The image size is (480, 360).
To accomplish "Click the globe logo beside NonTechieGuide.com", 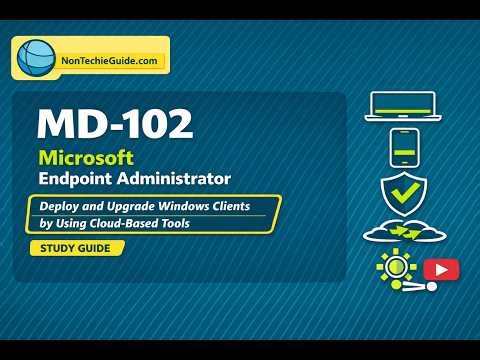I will click(x=34, y=59).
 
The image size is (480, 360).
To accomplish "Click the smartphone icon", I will click(x=403, y=148).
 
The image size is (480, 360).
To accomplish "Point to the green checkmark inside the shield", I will click(x=405, y=190).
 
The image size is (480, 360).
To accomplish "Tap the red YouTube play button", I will click(x=439, y=269).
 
